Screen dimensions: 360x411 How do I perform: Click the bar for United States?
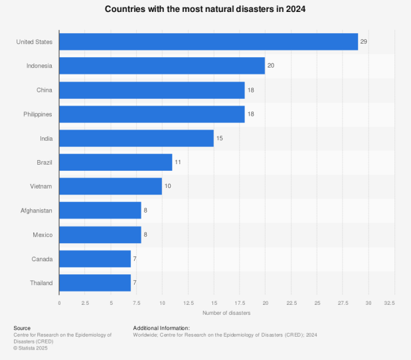point(208,42)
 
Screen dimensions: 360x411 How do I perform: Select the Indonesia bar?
point(162,66)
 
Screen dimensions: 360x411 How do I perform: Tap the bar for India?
point(136,138)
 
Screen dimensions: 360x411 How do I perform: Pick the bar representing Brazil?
point(116,162)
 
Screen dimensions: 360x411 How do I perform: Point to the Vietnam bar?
point(110,186)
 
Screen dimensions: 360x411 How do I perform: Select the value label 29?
point(364,42)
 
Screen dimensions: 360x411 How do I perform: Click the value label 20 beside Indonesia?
point(271,66)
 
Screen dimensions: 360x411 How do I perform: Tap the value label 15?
point(220,138)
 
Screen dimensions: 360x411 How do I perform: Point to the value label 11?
point(178,162)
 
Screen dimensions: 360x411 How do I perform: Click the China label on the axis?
point(45,90)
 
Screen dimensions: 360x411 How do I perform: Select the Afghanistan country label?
point(37,211)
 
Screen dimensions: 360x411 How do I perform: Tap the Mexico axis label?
point(43,234)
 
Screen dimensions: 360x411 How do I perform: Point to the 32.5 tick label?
point(389,303)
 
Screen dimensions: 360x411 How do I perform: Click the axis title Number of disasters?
point(226,313)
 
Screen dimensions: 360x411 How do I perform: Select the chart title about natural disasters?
point(205,10)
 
